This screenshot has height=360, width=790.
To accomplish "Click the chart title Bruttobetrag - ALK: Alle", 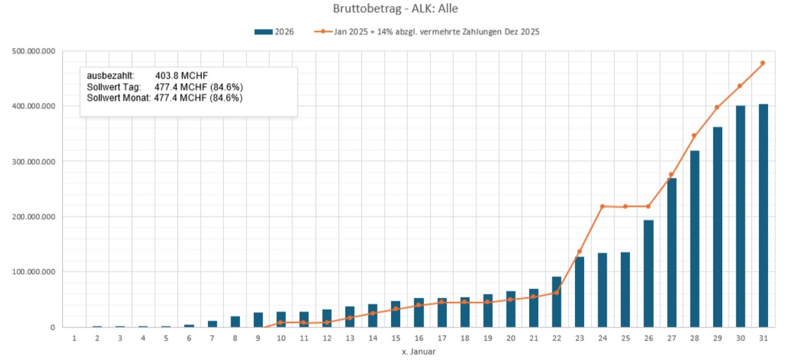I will pos(395,9).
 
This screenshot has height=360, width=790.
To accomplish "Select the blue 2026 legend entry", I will pos(274,31).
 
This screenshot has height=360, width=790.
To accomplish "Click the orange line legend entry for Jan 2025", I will pos(426,31).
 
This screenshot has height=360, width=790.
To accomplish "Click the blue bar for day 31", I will pos(763,215).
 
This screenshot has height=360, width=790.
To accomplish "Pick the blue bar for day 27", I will pos(671,252).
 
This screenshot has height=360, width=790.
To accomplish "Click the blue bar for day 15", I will pos(396,314).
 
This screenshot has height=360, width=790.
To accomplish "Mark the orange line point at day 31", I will pos(763,63).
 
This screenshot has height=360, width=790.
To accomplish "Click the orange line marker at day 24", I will pos(602,206).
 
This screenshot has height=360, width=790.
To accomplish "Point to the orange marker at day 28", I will pos(694,135).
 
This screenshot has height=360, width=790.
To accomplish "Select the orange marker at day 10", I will pos(281,322).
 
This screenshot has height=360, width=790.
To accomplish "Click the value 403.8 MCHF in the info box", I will pos(181,76).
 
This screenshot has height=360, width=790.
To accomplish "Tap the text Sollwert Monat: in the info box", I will pos(118,98).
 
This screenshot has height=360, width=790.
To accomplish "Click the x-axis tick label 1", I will pos(74,338).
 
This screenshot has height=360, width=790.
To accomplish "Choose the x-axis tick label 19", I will pos(487,338).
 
